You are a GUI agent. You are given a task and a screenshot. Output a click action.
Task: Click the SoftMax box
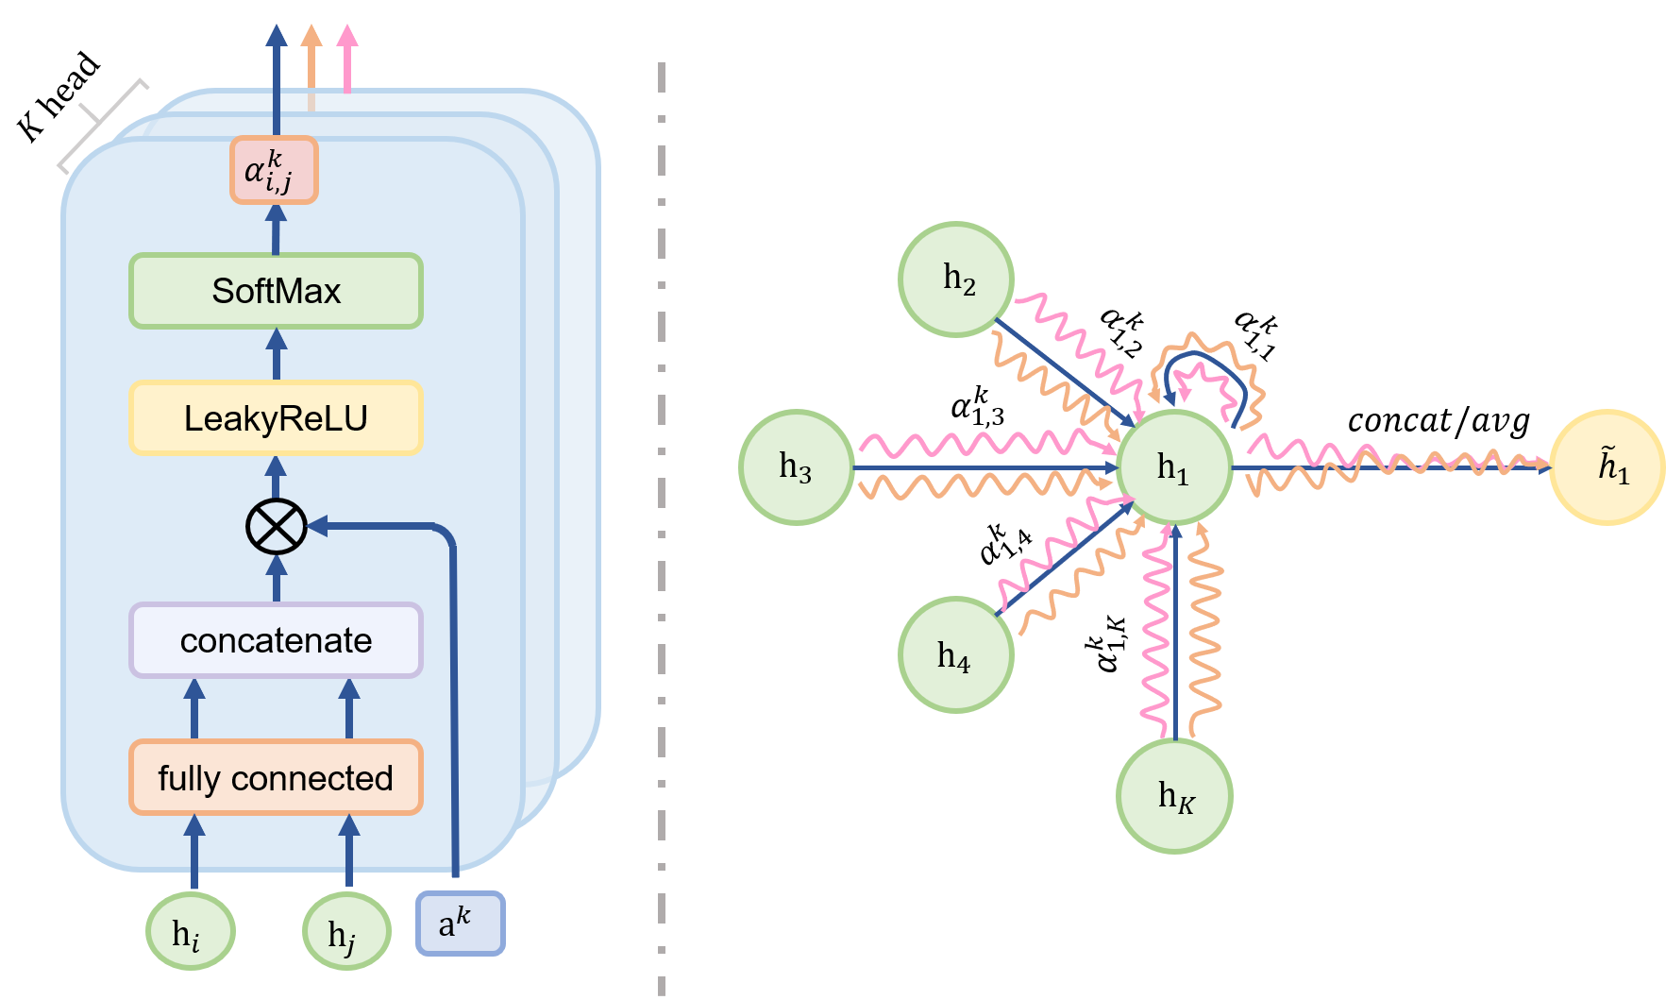[x=276, y=291]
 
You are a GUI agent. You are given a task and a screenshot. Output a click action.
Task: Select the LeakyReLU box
[x=276, y=418]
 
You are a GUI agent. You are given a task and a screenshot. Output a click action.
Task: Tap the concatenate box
[x=276, y=640]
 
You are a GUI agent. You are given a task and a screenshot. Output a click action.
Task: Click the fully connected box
[x=276, y=777]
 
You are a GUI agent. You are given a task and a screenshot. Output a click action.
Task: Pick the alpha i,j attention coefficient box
[x=274, y=170]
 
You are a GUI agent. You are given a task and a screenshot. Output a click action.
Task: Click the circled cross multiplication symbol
[x=277, y=526]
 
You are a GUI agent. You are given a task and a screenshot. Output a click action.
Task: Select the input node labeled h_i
[x=190, y=932]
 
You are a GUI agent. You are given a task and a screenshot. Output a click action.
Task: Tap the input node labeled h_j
[x=346, y=932]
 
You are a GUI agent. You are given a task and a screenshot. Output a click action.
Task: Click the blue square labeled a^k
[x=460, y=923]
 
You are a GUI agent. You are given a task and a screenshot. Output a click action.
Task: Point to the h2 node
[x=956, y=280]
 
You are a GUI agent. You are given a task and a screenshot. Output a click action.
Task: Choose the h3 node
[x=796, y=466]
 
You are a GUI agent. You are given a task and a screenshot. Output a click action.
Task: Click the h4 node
[x=956, y=653]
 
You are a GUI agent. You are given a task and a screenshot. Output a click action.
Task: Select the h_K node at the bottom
[x=1174, y=795]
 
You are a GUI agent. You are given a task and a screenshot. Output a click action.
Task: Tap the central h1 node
[x=1174, y=466]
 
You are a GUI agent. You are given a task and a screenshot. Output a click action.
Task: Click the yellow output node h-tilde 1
[x=1607, y=466]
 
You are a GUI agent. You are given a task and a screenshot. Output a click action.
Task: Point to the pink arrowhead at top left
[x=347, y=38]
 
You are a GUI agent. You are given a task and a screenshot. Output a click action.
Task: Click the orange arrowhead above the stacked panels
[x=311, y=38]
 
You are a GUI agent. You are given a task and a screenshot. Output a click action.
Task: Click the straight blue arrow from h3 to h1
[x=982, y=467]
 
